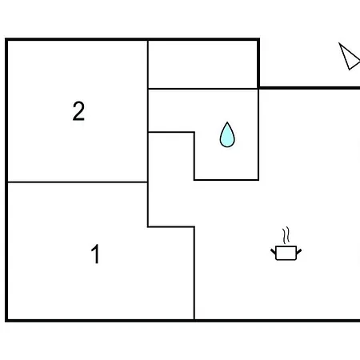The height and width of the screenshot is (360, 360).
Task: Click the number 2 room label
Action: point(78,111)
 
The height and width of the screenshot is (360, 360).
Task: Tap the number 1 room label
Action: point(95,254)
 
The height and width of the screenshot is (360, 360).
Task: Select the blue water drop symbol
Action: point(227,134)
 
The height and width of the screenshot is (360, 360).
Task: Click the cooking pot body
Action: point(286,253)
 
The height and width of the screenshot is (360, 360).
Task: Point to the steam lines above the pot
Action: point(286,235)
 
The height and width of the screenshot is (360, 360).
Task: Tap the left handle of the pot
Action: point(274,251)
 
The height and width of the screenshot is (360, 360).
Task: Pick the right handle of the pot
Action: point(298,251)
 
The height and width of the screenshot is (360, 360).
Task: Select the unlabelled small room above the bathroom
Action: point(203,64)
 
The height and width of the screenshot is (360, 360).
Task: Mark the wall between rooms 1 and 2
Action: point(78,182)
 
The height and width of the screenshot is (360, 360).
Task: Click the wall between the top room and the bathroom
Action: point(203,89)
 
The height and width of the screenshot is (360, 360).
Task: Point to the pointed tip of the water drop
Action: point(227,122)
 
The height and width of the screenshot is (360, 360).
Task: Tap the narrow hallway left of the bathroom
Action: point(171,179)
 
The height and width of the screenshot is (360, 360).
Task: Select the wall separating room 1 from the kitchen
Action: point(194,273)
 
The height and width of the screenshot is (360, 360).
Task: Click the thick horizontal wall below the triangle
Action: point(310,88)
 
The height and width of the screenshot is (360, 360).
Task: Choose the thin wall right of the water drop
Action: point(258,134)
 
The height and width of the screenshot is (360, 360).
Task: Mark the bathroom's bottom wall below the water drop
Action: point(226,180)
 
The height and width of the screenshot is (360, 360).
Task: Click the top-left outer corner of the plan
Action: point(6,39)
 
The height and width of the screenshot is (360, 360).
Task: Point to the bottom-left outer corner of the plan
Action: point(6,321)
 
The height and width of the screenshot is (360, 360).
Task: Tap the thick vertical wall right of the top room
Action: point(258,63)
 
